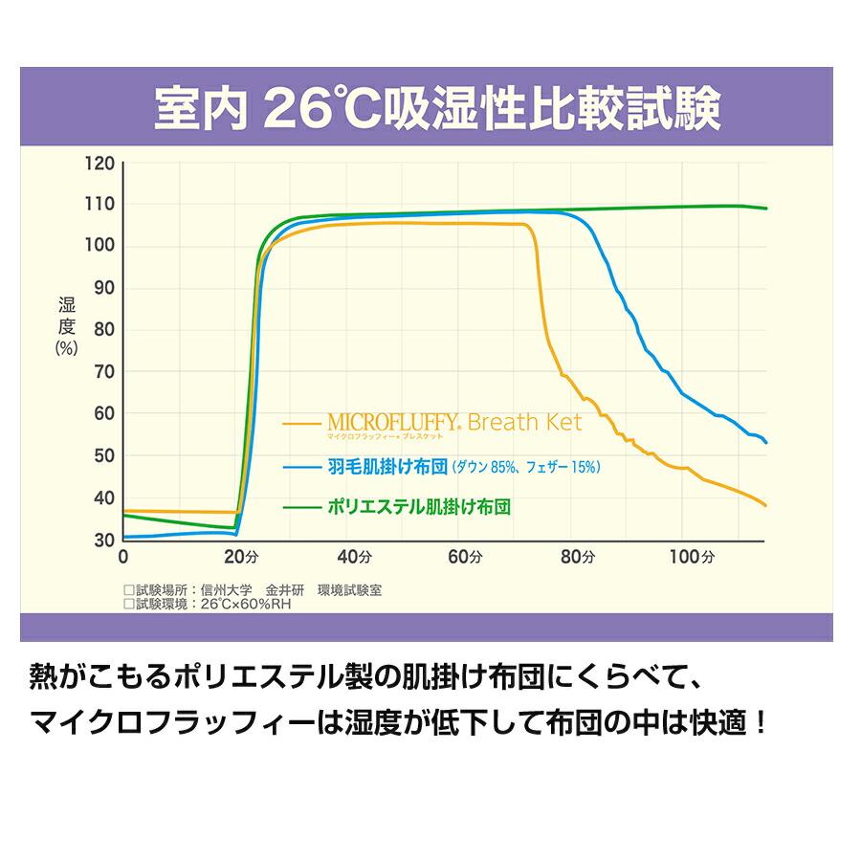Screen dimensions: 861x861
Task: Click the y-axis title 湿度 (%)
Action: (x=66, y=326)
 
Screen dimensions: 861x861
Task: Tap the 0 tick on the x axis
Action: (x=122, y=557)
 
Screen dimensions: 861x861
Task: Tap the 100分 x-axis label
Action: (x=691, y=557)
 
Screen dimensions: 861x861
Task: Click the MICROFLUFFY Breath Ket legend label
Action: (x=453, y=423)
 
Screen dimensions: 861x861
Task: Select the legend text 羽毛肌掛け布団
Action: (x=387, y=467)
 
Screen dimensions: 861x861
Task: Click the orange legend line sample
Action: (x=304, y=421)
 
